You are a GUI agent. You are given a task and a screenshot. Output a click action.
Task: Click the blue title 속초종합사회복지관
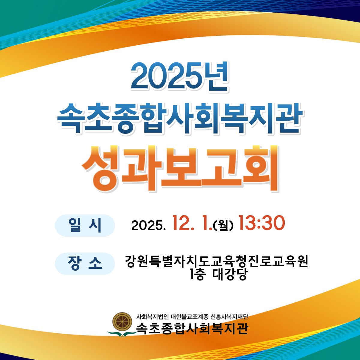tap(179, 118)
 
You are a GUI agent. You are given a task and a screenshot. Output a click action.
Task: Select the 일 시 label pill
tap(85, 226)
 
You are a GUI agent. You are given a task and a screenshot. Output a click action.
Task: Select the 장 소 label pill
tap(85, 263)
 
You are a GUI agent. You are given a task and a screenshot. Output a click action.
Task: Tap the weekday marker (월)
tap(223, 226)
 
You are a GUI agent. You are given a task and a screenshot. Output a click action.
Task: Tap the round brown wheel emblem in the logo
tap(122, 322)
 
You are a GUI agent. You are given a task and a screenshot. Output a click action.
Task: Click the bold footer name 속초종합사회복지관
tap(192, 328)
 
